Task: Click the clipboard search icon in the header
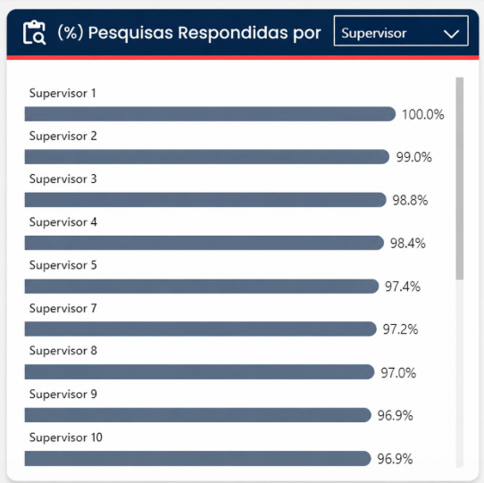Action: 34,33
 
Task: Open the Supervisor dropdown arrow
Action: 451,34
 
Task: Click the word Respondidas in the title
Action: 234,32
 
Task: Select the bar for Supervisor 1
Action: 210,114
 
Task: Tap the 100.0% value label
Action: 423,114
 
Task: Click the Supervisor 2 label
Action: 63,136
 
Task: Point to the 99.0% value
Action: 414,157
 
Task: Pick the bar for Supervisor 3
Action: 205,200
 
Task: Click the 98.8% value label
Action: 410,200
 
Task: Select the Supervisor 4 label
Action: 63,222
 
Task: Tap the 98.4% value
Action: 408,244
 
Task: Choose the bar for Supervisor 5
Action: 202,286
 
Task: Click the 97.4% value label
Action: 403,287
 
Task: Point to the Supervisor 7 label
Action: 63,308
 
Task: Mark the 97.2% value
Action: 400,329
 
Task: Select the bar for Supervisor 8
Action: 199,372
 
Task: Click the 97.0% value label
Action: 398,373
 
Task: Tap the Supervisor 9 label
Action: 63,394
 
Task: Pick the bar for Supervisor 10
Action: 197,458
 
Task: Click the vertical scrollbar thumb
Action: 460,179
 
